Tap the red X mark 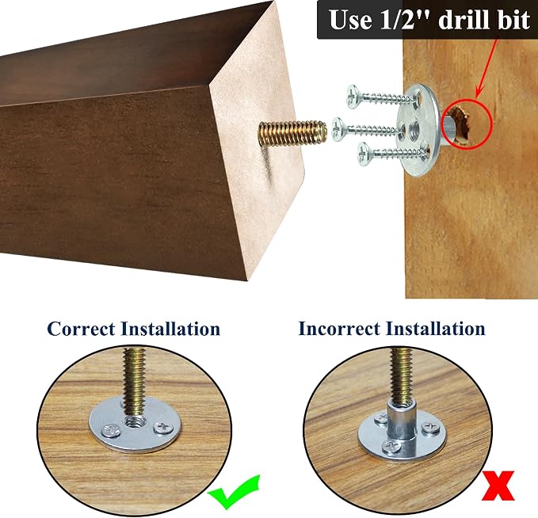coord(498,486)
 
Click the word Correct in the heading coord(81,329)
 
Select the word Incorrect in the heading coord(339,328)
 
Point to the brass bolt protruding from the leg coord(292,133)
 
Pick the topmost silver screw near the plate coord(382,97)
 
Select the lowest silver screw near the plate coord(393,154)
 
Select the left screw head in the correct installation coord(111,431)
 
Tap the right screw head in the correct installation coord(163,428)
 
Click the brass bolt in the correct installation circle coord(135,382)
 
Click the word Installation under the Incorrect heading coord(436,328)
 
